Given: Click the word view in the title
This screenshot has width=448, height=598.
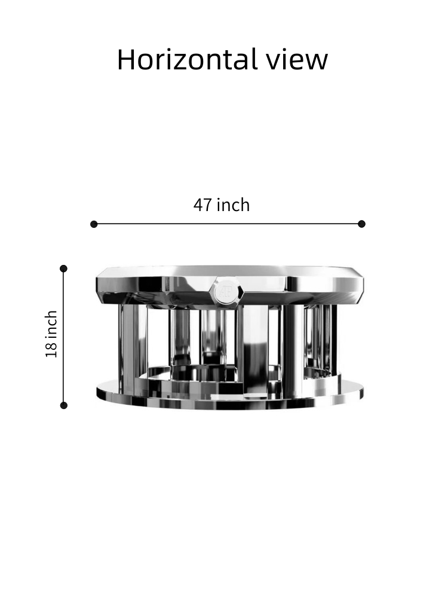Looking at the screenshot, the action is (x=297, y=59).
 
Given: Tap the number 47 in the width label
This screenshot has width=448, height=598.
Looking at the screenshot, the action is (x=202, y=205).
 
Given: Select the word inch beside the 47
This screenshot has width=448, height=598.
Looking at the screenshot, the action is (x=233, y=205).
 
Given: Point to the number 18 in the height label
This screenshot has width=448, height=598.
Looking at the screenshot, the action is (x=51, y=350).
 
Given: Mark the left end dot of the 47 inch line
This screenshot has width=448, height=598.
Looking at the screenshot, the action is (x=94, y=224).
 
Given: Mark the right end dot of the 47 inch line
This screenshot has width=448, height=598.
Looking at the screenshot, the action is (x=361, y=224).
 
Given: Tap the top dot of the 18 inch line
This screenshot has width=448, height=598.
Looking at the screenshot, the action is (x=64, y=269).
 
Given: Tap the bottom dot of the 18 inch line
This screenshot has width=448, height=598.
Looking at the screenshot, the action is (x=64, y=405).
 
